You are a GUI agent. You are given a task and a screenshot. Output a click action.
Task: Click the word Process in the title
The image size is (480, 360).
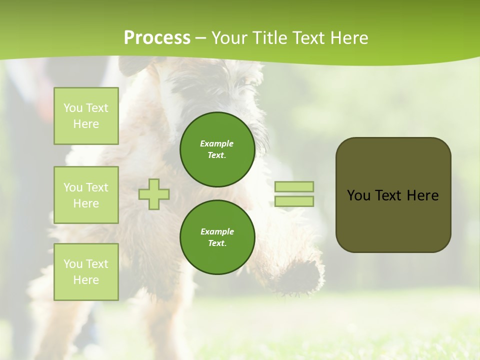157,38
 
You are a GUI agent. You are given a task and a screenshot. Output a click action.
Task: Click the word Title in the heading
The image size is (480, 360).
269,38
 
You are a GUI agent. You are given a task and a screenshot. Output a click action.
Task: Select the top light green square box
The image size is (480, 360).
86,116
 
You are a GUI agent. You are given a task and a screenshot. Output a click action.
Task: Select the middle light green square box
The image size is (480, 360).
86,195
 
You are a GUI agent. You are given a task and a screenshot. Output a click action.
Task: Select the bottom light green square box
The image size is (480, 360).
86,272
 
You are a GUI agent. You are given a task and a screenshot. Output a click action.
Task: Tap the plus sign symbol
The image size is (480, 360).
154,194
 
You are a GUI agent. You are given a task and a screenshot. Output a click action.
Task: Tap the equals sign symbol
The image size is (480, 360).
294,194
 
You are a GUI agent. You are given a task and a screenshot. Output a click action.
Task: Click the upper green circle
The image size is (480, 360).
217,149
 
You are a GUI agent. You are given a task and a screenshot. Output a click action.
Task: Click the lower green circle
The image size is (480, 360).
217,237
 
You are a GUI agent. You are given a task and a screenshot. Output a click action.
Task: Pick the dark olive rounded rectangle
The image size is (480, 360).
393,195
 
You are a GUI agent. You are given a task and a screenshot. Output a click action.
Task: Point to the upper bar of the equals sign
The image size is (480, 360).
294,187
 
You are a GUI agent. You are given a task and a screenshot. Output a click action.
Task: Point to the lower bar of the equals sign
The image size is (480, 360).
294,201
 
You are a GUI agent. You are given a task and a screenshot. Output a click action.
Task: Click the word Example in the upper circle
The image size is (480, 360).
217,143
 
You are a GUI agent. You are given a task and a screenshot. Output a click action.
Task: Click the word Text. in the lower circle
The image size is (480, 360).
217,243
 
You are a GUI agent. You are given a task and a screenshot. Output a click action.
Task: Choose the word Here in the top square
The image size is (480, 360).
86,124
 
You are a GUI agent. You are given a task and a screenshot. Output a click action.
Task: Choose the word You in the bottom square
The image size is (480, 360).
73,264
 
